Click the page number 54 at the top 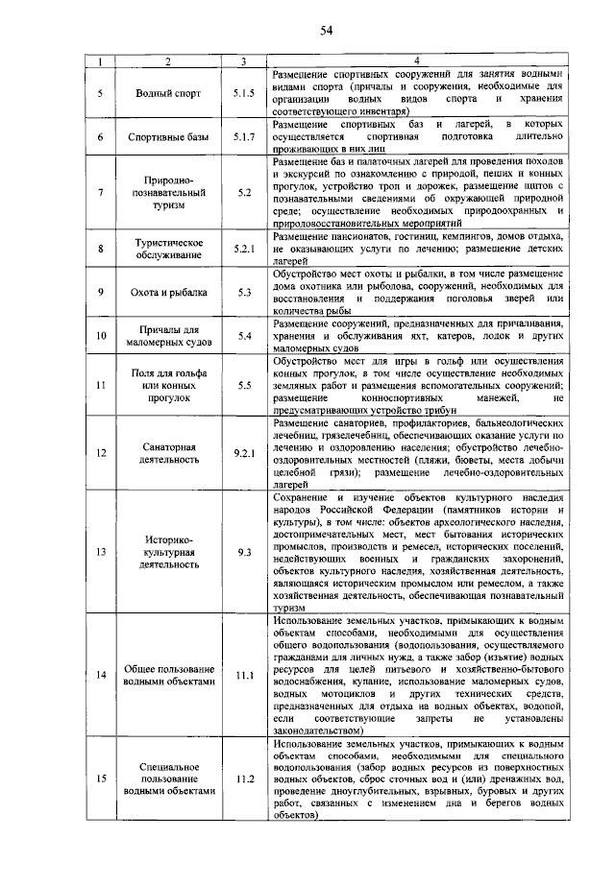pyautogui.click(x=326, y=31)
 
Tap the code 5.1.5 pyautogui.click(x=244, y=93)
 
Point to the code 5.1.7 pyautogui.click(x=244, y=136)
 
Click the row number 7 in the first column pyautogui.click(x=101, y=192)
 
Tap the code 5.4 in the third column pyautogui.click(x=244, y=335)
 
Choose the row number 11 pyautogui.click(x=101, y=385)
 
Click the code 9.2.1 pyautogui.click(x=244, y=452)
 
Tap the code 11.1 pyautogui.click(x=244, y=675)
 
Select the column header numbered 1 pyautogui.click(x=101, y=62)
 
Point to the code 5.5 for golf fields pyautogui.click(x=244, y=385)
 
